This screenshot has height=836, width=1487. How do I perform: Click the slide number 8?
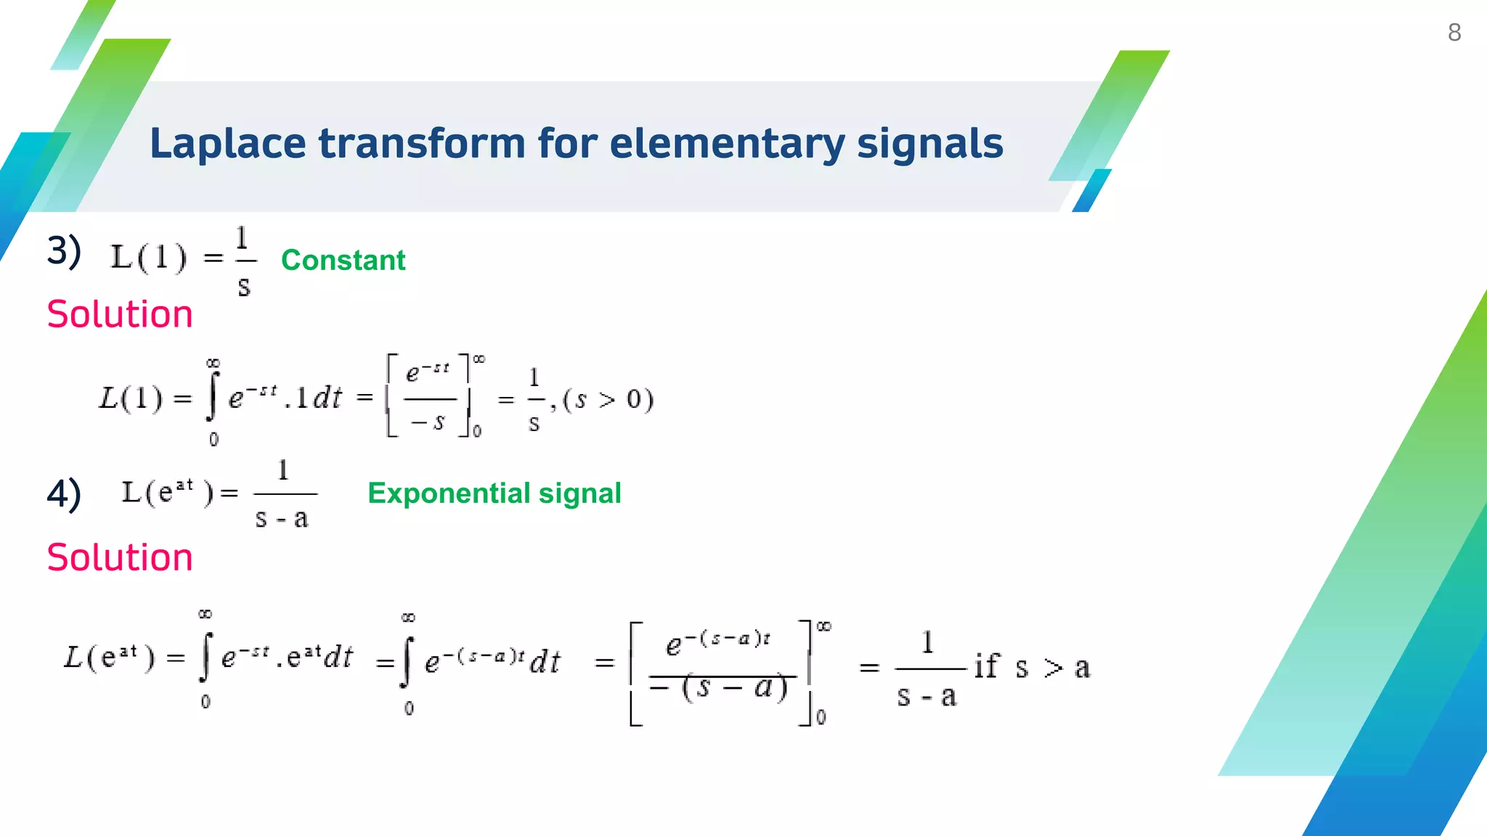(x=1454, y=33)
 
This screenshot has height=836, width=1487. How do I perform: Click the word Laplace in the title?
(x=227, y=144)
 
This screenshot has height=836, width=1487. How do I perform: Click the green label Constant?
(x=343, y=261)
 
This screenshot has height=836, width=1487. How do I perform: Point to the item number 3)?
(x=64, y=251)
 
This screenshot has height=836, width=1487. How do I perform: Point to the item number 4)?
(x=64, y=494)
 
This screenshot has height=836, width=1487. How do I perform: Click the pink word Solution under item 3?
(x=120, y=314)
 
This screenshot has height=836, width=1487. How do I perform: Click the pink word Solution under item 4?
(x=120, y=557)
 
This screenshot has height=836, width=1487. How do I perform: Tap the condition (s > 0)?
(x=608, y=399)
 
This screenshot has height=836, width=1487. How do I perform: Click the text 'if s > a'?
(x=1031, y=667)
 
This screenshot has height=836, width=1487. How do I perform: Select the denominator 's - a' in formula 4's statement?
(x=282, y=518)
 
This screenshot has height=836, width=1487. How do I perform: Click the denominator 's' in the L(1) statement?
(x=244, y=287)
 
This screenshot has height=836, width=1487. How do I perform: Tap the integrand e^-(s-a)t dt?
(x=492, y=661)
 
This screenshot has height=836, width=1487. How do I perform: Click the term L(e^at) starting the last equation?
(x=109, y=657)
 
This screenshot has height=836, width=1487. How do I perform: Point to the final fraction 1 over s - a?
(x=927, y=668)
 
